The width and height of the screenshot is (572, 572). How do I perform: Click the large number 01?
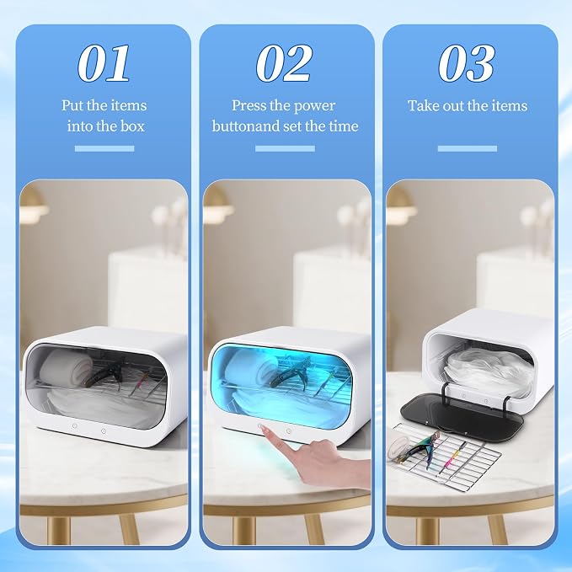click(x=104, y=63)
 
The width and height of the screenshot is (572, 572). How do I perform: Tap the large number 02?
click(x=284, y=63)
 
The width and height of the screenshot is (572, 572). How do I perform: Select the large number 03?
click(x=467, y=63)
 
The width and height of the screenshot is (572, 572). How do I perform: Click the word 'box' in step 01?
click(x=132, y=126)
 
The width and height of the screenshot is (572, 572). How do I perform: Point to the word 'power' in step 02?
click(x=314, y=106)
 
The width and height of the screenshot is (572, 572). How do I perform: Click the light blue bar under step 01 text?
click(x=104, y=148)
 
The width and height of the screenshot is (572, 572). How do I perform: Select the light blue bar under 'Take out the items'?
click(x=468, y=148)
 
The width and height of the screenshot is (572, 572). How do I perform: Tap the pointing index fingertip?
click(x=265, y=429)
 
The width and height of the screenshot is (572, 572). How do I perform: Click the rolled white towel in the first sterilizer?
click(x=67, y=366)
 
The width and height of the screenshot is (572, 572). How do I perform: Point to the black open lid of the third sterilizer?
click(x=462, y=416)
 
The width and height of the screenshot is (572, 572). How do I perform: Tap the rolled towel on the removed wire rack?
click(x=398, y=445)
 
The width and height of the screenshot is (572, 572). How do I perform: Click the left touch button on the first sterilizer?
click(x=75, y=425)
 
